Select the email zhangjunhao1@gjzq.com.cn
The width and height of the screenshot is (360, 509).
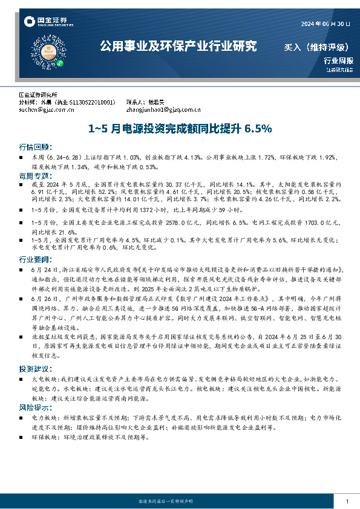click(x=163, y=110)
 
